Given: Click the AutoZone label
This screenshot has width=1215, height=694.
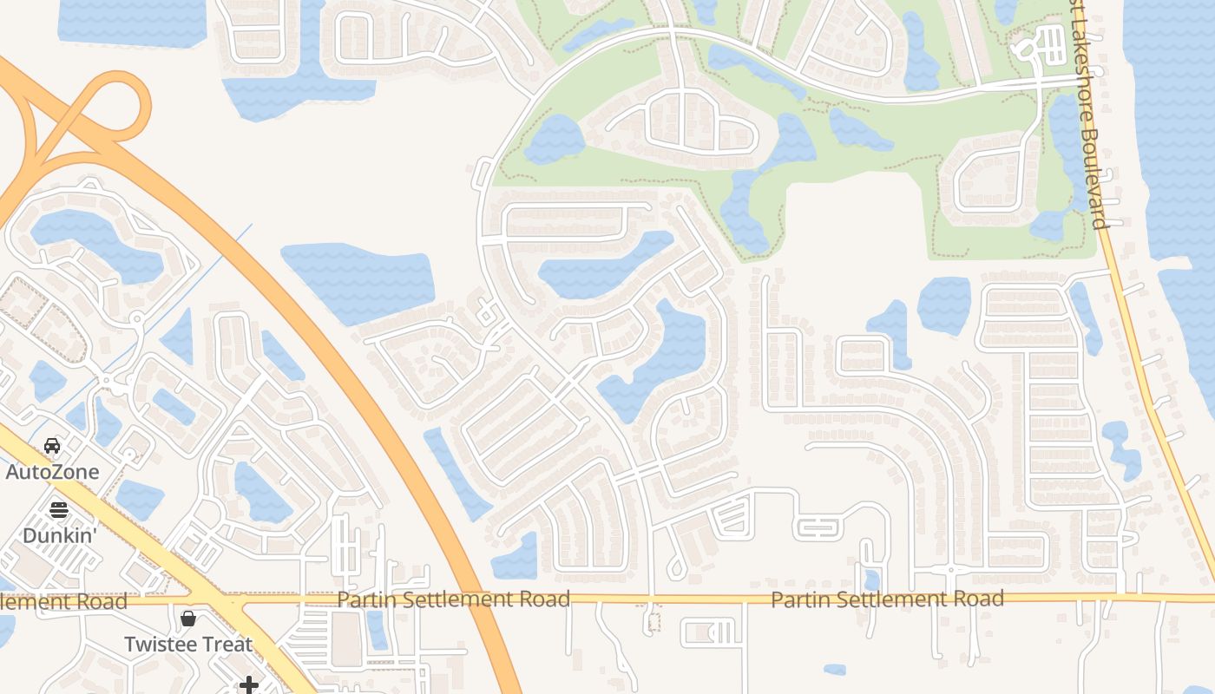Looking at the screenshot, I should click(52, 472).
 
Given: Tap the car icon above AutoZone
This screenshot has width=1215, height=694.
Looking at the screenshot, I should click(52, 446).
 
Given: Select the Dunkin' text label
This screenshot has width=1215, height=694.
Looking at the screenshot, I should click(58, 535).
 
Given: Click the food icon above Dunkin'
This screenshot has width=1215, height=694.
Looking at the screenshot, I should click(58, 509).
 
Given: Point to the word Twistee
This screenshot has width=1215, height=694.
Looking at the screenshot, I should click(155, 645).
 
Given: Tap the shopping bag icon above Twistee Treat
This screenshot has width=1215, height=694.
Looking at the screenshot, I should click(188, 619).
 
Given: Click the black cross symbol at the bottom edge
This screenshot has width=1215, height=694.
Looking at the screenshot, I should click(249, 685).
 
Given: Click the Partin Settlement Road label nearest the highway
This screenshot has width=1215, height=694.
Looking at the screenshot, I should click(453, 599).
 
